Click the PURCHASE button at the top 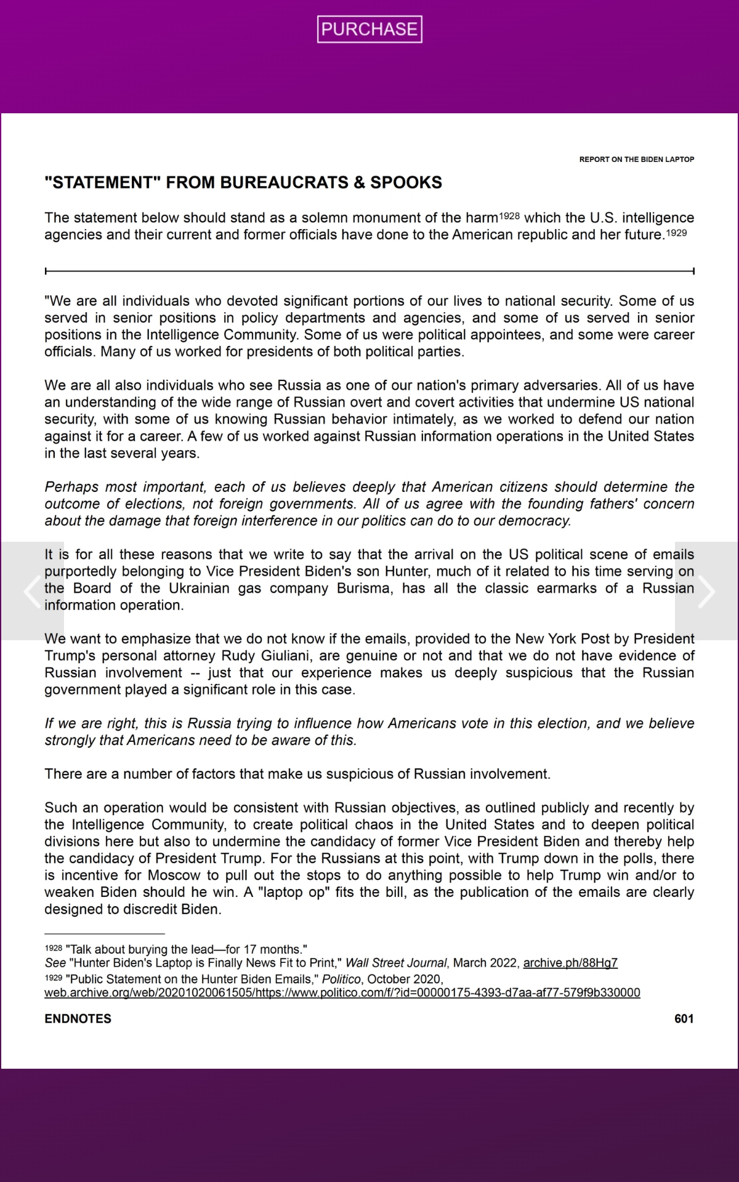[x=369, y=29]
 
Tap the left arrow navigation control [x=32, y=591]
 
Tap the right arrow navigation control [x=706, y=591]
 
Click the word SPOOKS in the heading [x=406, y=183]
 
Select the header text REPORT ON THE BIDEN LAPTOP [x=636, y=159]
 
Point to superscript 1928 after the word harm [x=509, y=216]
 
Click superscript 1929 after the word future [x=676, y=233]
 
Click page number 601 [x=684, y=1019]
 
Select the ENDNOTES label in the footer [x=78, y=1019]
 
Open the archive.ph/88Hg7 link [x=570, y=963]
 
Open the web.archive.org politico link [x=342, y=992]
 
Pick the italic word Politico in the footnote [x=338, y=979]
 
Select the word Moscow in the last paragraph [x=174, y=875]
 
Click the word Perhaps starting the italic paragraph [x=71, y=487]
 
